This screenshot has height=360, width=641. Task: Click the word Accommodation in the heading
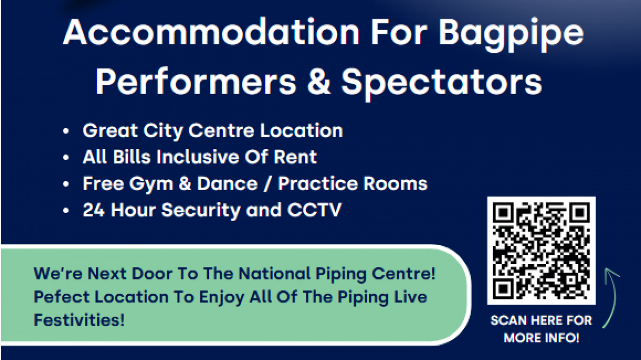coord(211,32)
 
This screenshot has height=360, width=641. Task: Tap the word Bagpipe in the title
coord(511,35)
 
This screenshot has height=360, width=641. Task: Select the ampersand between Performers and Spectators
coord(319,82)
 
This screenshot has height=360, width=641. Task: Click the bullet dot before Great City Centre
coord(66,131)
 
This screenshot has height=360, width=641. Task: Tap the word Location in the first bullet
coord(301,130)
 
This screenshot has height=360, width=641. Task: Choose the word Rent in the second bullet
coord(295,157)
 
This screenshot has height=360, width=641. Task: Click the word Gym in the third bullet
coord(151,185)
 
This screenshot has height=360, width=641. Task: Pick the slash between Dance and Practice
coord(267,184)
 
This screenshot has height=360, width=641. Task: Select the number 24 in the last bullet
coord(93,210)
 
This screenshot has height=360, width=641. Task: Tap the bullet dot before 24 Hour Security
coord(66,210)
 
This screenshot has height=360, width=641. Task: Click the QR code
coord(542,251)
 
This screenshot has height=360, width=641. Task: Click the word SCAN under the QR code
coord(509,320)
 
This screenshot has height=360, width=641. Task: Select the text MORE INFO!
coord(542,338)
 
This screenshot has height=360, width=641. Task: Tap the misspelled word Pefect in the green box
coord(61,296)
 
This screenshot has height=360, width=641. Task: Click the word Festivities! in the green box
coord(79,319)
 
